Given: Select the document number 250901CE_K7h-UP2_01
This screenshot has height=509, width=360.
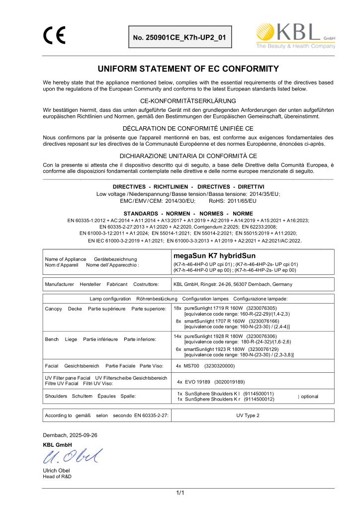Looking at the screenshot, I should point(180,37).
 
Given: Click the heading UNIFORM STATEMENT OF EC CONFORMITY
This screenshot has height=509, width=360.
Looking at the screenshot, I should point(188,68).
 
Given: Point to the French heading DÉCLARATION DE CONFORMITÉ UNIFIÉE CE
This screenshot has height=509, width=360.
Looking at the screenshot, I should point(188,128).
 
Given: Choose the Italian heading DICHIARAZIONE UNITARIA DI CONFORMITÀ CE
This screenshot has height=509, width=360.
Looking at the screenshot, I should point(188,155).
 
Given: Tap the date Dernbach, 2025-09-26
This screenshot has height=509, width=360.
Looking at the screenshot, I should point(70,435).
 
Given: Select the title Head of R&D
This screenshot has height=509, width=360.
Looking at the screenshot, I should point(57,477).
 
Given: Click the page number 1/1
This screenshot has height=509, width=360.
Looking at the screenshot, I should point(180,493).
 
